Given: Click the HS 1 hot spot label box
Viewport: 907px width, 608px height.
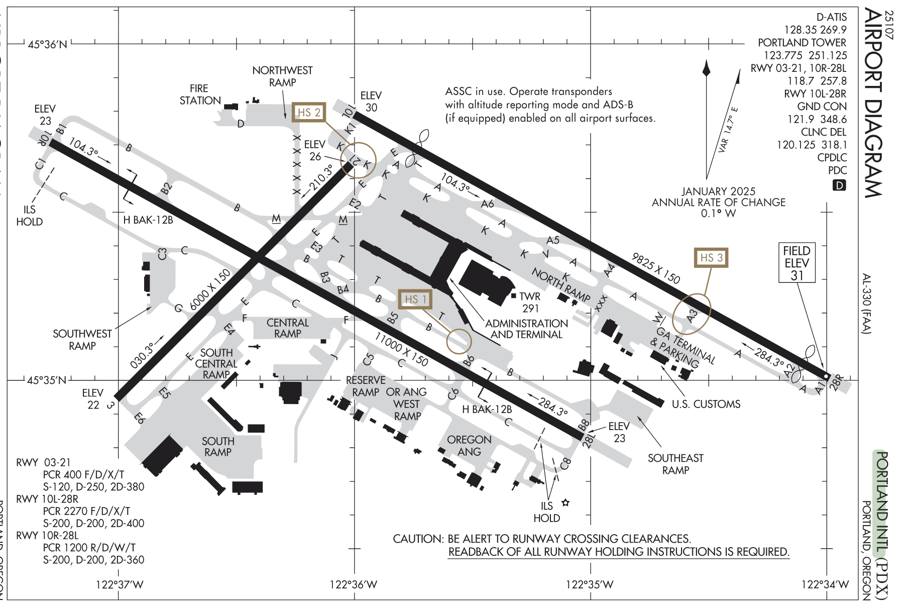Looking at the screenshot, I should (415, 300).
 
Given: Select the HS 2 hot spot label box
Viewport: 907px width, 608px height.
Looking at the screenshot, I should (309, 113).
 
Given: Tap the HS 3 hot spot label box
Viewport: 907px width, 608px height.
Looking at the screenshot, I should (711, 258).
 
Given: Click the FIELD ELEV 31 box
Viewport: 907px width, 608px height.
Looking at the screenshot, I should (797, 263).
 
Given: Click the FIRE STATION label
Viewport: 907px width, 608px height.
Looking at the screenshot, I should (200, 94).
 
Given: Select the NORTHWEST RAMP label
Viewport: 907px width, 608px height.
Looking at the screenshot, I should (282, 76).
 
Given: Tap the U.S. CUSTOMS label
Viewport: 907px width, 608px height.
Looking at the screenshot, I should (706, 404).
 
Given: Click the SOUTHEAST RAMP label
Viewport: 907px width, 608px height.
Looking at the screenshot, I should (675, 464).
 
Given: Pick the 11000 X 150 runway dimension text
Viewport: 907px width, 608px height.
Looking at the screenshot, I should (401, 350).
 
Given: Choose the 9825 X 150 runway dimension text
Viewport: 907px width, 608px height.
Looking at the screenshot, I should (655, 268).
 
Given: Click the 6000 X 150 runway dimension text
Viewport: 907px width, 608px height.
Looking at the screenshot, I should (210, 289).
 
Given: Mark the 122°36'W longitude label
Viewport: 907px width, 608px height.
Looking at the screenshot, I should (354, 584).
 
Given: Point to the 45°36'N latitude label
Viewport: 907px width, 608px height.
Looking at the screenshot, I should (47, 45).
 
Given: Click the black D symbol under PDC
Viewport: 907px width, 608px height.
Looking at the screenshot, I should (839, 185).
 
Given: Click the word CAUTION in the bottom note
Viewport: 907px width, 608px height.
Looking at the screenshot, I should (418, 539).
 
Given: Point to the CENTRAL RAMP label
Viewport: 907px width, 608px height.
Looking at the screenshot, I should (287, 328).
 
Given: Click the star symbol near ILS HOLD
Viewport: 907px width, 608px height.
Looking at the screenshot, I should (565, 502).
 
